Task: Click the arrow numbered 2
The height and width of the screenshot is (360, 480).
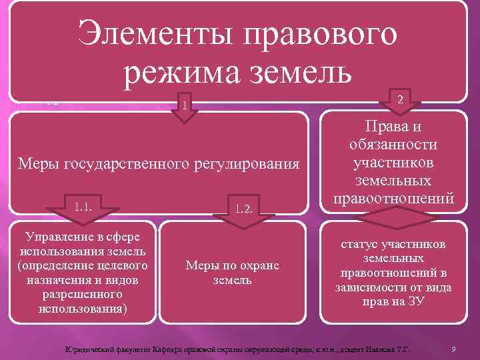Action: click(x=399, y=99)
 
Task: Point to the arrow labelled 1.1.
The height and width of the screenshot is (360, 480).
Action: click(x=85, y=202)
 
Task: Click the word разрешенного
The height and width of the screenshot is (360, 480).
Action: click(x=81, y=295)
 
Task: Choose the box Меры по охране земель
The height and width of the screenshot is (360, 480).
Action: click(x=232, y=272)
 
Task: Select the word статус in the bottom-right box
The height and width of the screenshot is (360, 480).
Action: click(x=360, y=245)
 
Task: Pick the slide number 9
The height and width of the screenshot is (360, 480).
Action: click(x=453, y=349)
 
